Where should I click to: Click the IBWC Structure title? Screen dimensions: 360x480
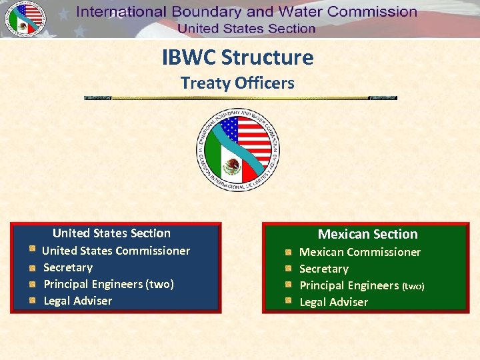[x=237, y=57]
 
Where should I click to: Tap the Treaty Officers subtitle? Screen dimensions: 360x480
[x=237, y=83]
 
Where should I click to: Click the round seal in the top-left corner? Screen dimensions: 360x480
[x=25, y=19]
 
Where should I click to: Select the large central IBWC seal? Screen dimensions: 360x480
[x=238, y=151]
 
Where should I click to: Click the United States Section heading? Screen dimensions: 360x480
[x=111, y=233]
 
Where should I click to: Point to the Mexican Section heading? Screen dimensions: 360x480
[x=367, y=234]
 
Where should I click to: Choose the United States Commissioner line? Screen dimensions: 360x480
[x=116, y=251]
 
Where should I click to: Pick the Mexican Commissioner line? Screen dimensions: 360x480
[x=360, y=252]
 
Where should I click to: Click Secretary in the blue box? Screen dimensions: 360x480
[x=68, y=267]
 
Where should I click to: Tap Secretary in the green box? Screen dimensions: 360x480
[x=324, y=269]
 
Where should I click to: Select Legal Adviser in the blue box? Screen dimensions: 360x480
[x=77, y=301]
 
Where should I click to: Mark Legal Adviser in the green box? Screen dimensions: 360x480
[x=333, y=302]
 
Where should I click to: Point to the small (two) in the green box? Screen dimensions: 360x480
[x=413, y=286]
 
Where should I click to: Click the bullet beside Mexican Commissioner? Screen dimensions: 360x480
[x=287, y=253]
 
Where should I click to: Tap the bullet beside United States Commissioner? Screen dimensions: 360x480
[x=31, y=250]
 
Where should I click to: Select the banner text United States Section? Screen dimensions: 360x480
[x=247, y=29]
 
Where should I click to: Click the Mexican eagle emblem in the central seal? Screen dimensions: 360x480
[x=232, y=166]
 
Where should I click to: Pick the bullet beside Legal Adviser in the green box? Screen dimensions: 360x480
[x=287, y=302]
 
